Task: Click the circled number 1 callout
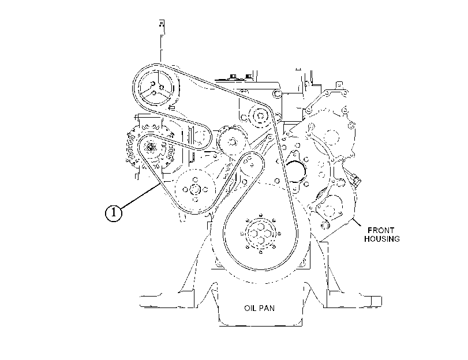pyautogui.click(x=114, y=213)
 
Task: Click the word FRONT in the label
pyautogui.click(x=380, y=230)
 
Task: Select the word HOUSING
pyautogui.click(x=382, y=239)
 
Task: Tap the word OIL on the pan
pyautogui.click(x=250, y=308)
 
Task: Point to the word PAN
pyautogui.click(x=267, y=308)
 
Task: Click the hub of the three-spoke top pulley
pyautogui.click(x=156, y=88)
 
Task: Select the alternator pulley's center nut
pyautogui.click(x=150, y=147)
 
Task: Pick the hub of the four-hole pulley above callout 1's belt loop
pyautogui.click(x=195, y=189)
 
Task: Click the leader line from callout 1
pyautogui.click(x=140, y=196)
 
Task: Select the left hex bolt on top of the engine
pyautogui.click(x=233, y=77)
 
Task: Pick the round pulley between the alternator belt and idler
pyautogui.click(x=231, y=142)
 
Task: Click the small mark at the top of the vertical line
pyautogui.click(x=162, y=24)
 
